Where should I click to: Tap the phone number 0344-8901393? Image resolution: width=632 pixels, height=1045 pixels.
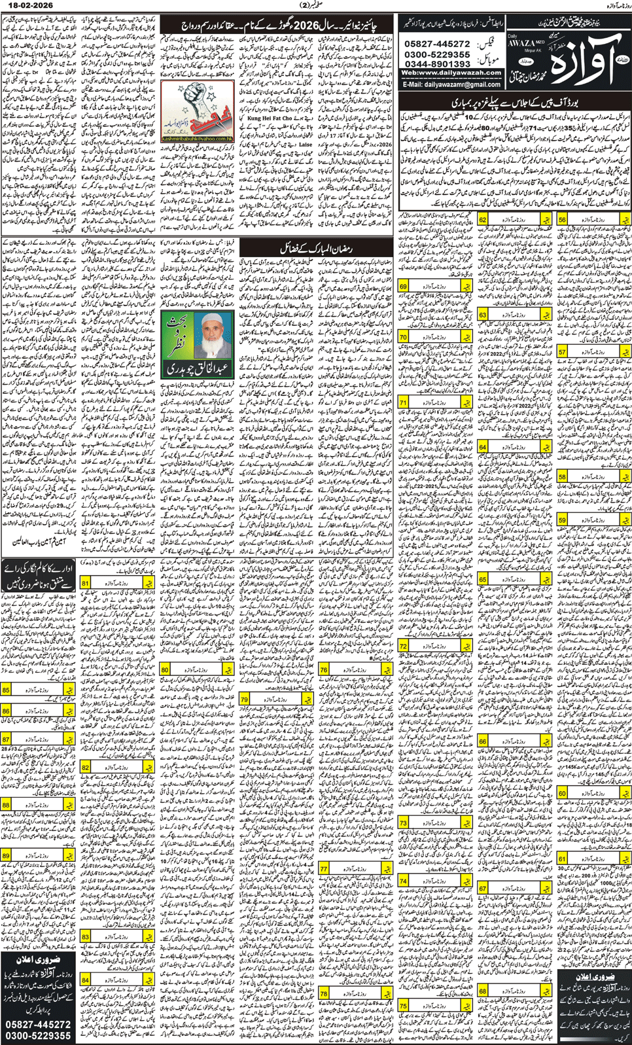pos(438,64)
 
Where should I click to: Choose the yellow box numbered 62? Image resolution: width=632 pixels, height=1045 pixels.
pos(483,221)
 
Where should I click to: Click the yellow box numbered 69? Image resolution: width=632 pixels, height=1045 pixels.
pos(404,287)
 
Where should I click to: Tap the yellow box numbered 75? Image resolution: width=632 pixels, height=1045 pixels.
pos(404,1006)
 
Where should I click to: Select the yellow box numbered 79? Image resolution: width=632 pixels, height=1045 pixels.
pos(245,700)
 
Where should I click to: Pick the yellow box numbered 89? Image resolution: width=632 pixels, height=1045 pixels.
pos(7,855)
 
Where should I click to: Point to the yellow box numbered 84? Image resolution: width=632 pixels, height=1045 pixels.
pos(86,980)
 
